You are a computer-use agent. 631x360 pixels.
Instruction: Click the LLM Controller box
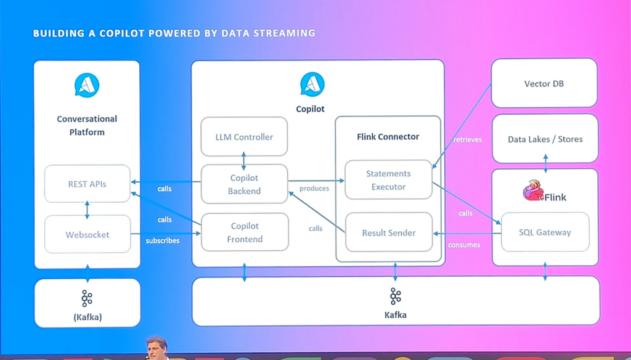pos(244,137)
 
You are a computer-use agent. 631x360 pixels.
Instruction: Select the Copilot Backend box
pos(244,184)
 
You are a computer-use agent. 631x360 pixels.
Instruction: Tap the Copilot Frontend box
pos(245,232)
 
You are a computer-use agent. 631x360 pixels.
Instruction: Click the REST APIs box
pos(87,184)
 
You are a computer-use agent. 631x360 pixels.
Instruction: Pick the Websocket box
pos(87,234)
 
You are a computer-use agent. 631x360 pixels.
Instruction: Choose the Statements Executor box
pos(388,180)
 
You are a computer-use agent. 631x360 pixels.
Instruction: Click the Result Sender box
pos(388,232)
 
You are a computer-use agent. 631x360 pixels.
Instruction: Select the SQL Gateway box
pos(545,232)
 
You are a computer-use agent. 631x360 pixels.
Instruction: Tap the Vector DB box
pos(544,83)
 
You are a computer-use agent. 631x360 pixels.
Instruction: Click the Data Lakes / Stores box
pos(545,139)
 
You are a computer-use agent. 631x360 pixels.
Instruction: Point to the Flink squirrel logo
pos(532,190)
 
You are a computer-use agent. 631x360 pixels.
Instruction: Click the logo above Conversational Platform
pos(87,84)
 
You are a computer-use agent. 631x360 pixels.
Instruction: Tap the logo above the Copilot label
pos(312,84)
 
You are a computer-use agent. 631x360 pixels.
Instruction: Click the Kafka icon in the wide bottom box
pos(395,297)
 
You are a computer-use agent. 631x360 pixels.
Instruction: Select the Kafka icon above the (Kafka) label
pos(87,299)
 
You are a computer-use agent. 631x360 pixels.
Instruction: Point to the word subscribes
pos(163,240)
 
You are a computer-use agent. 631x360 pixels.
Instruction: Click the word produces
pos(314,188)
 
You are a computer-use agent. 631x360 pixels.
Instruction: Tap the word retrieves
pos(468,139)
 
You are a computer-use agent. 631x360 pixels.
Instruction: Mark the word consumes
pos(465,245)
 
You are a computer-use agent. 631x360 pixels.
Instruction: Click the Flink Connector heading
pos(388,137)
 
